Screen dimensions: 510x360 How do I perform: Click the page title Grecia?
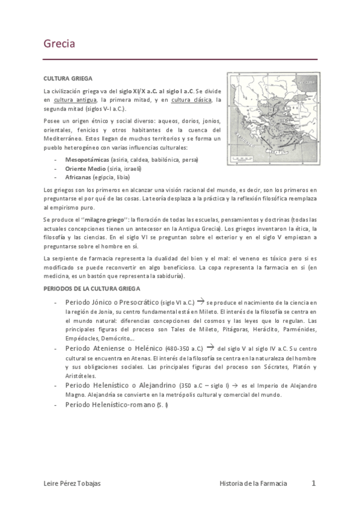point(59,44)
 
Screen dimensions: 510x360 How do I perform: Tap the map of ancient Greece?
point(272,119)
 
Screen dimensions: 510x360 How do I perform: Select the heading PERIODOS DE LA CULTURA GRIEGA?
point(92,289)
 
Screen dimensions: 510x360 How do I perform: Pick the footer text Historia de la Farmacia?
point(253,484)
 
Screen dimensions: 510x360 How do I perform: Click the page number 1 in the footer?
point(313,483)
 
